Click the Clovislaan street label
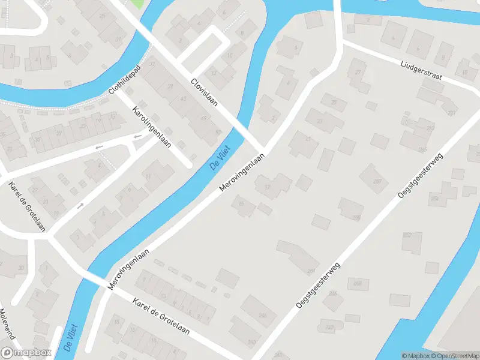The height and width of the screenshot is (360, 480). click(x=204, y=94)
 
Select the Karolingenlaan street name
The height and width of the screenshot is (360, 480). click(x=152, y=128)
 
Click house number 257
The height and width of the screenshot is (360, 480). click(x=377, y=181)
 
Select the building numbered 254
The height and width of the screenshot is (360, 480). click(x=434, y=199)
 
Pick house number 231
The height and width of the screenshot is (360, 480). click(x=311, y=271)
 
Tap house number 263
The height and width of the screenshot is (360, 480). click(x=430, y=128)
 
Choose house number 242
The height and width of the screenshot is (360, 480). click(x=329, y=327)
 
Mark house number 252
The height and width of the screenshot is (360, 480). click(x=407, y=235)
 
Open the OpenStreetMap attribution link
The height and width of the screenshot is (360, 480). click(x=457, y=356)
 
